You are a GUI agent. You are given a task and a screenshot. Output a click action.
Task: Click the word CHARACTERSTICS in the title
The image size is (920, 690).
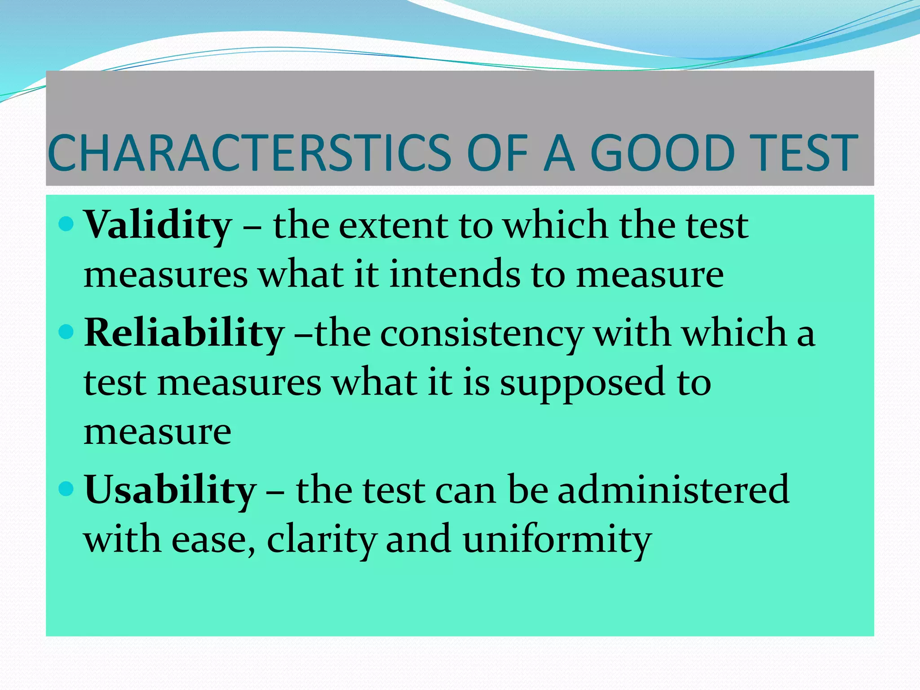[x=249, y=154]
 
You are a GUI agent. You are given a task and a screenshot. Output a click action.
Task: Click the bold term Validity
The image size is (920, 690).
[x=158, y=226]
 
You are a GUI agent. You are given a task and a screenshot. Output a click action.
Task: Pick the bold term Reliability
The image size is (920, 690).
[x=184, y=334]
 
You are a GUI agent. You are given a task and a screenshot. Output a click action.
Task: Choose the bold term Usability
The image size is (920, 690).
[x=170, y=491]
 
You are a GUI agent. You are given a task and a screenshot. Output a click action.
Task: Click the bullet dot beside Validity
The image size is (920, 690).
[x=66, y=223]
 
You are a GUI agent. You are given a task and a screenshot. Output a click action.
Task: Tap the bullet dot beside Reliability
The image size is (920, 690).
[x=66, y=332]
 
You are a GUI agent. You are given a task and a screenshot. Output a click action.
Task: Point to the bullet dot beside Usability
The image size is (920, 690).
[x=66, y=488]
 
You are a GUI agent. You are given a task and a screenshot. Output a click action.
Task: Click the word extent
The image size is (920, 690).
[x=393, y=226]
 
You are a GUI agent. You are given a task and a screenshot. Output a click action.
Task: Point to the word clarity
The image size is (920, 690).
[x=321, y=540]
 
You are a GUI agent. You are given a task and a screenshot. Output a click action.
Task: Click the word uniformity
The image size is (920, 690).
[x=557, y=540]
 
